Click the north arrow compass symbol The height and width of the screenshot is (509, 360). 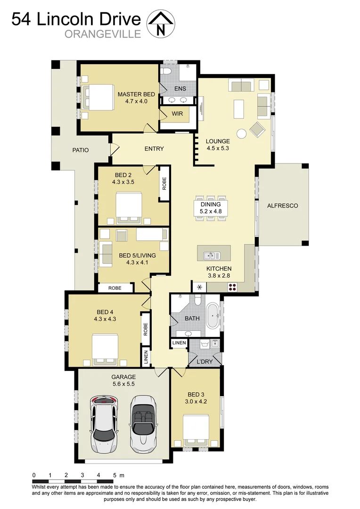pyautogui.click(x=161, y=24)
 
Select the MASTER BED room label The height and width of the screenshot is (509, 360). pyautogui.click(x=136, y=94)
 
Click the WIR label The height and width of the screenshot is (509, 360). pyautogui.click(x=177, y=114)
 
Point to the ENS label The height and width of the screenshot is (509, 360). pyautogui.click(x=180, y=89)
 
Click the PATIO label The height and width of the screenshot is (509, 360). pyautogui.click(x=81, y=150)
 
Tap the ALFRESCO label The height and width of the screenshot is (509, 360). pyautogui.click(x=282, y=205)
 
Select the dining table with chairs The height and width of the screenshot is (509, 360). pyautogui.click(x=211, y=208)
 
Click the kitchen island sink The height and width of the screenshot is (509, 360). pyautogui.click(x=212, y=255)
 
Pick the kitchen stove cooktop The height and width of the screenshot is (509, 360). pyautogui.click(x=233, y=286)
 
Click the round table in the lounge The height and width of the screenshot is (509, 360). pyautogui.click(x=241, y=133)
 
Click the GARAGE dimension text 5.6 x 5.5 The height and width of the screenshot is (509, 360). pyautogui.click(x=123, y=384)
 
